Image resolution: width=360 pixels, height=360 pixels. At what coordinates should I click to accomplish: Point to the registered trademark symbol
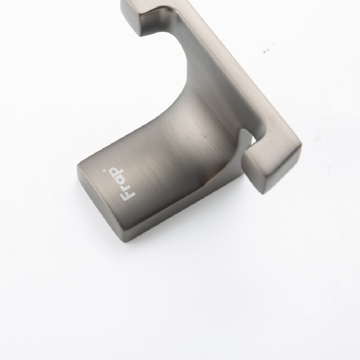(x=103, y=171)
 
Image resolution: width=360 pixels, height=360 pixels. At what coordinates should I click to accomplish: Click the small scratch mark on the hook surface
(x=203, y=136)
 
